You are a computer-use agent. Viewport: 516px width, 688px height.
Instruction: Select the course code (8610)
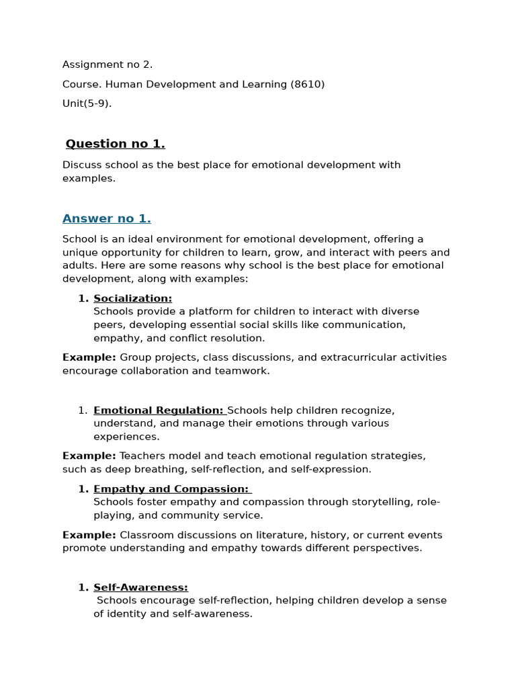click(307, 84)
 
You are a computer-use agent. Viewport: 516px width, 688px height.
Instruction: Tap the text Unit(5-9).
click(87, 103)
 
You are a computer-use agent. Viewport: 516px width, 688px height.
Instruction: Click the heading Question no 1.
click(116, 144)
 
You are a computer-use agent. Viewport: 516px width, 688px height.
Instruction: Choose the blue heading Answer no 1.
click(107, 218)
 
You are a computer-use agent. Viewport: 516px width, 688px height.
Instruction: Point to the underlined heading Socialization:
click(133, 298)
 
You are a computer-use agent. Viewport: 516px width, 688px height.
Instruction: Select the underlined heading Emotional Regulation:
click(159, 411)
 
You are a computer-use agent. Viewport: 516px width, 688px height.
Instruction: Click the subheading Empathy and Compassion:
click(171, 489)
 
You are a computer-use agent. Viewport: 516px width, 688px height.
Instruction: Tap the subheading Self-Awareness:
click(141, 587)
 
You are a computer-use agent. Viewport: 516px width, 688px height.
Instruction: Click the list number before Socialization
click(83, 298)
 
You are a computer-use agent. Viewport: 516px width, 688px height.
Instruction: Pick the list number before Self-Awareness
click(83, 587)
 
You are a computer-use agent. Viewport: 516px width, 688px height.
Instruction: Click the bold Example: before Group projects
click(89, 357)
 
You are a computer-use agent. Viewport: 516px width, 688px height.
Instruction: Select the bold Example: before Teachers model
click(89, 456)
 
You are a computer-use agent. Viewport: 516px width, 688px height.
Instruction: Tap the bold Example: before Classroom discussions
click(89, 535)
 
